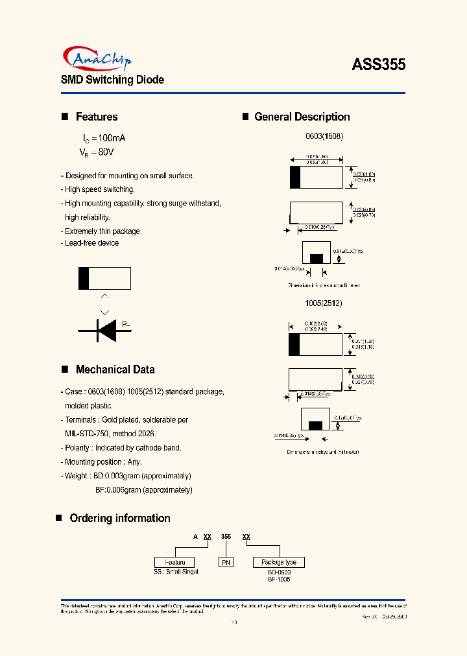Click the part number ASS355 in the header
(x=379, y=65)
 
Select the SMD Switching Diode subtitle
(x=112, y=80)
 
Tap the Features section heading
(x=97, y=117)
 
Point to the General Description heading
(x=302, y=117)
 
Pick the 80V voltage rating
(x=106, y=152)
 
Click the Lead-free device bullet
(x=91, y=243)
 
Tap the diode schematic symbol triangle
(x=106, y=331)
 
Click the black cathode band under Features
(x=83, y=278)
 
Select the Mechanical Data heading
(x=115, y=369)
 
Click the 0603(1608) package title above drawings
(x=324, y=137)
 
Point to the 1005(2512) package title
(x=324, y=303)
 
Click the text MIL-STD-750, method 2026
(x=110, y=434)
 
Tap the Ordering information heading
(x=119, y=518)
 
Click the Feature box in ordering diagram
(x=174, y=562)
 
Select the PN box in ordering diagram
(x=226, y=562)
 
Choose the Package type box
(x=279, y=562)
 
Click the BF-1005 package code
(x=279, y=579)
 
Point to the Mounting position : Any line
(x=102, y=462)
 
